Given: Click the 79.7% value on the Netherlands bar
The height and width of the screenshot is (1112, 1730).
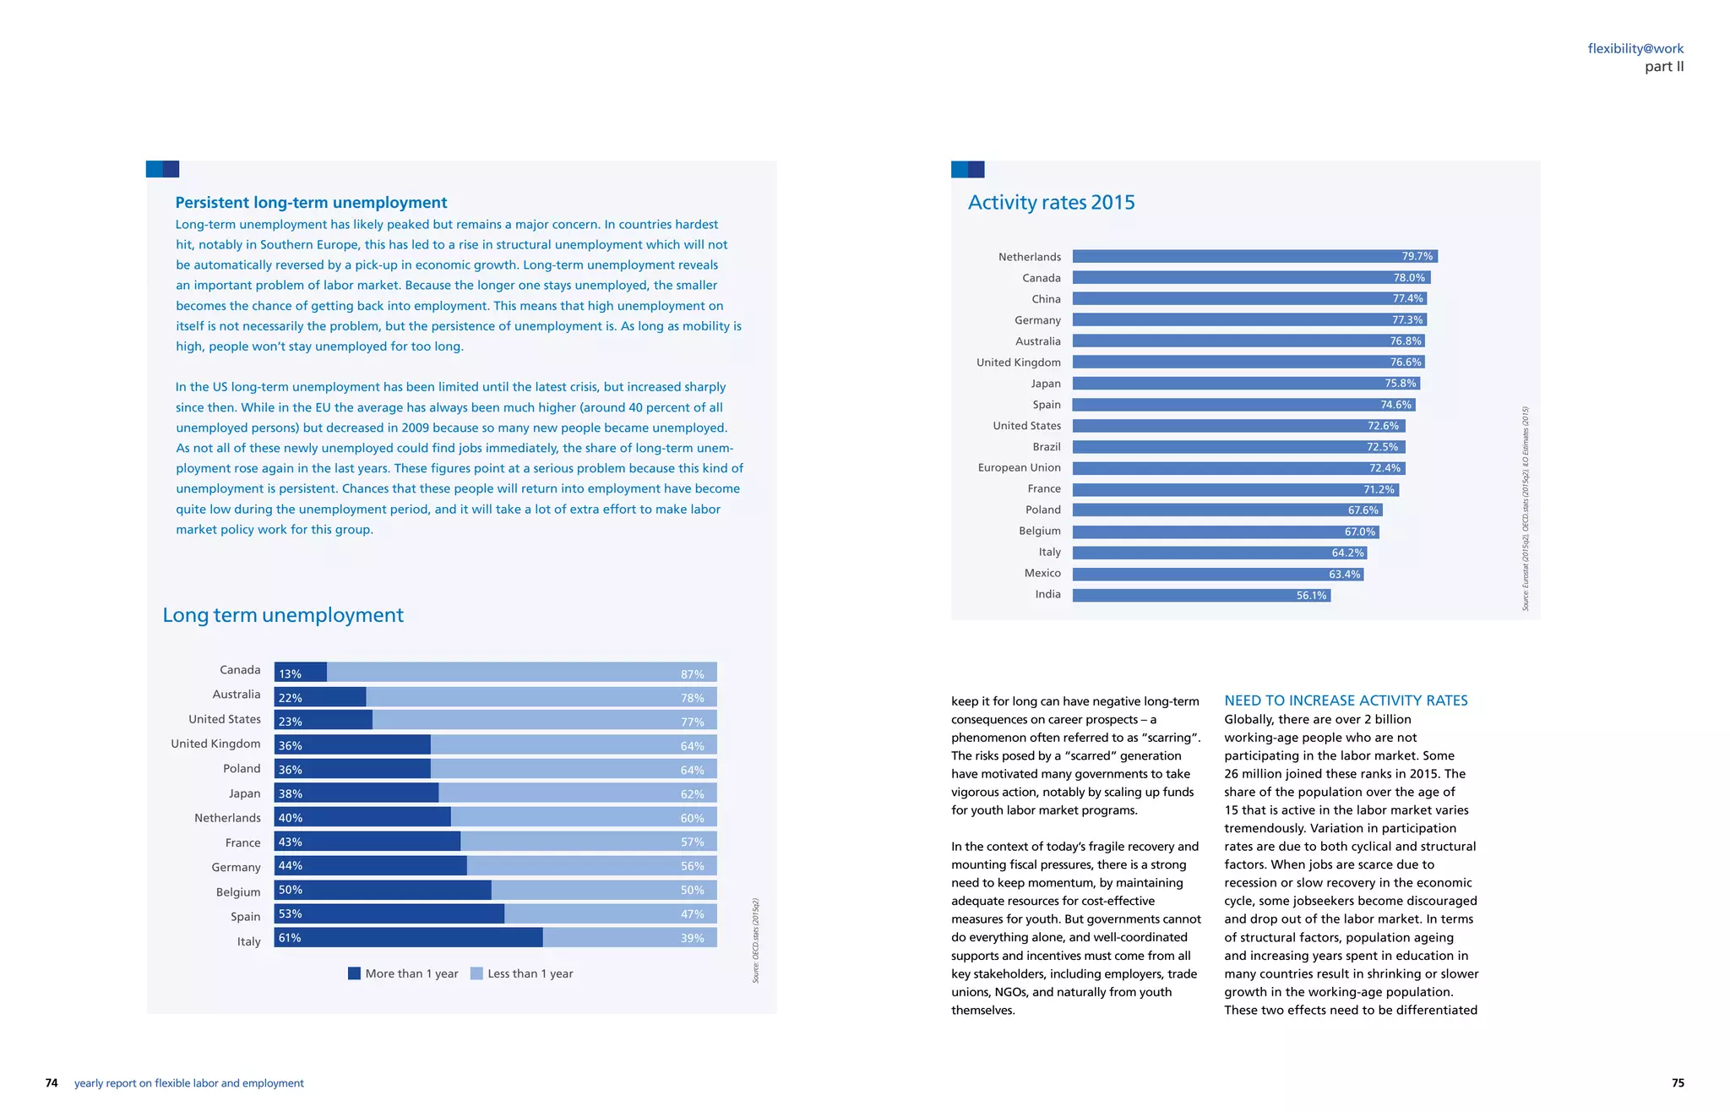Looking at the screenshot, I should click(x=1417, y=256).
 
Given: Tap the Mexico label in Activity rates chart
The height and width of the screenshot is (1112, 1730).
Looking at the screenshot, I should click(x=1042, y=574).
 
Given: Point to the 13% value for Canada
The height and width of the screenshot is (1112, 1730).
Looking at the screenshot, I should click(x=290, y=674).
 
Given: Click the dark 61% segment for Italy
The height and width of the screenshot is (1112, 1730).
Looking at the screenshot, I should click(x=408, y=938).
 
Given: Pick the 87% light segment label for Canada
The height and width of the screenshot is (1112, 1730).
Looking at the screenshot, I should click(x=692, y=674).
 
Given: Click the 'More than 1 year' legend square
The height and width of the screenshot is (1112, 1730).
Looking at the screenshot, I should click(x=355, y=973).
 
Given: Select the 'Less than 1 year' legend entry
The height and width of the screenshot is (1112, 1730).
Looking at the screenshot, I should click(x=521, y=973).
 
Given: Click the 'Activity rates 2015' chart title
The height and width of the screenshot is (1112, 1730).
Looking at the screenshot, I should click(x=1051, y=203).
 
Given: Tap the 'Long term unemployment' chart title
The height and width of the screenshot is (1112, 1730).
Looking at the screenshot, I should click(x=283, y=615).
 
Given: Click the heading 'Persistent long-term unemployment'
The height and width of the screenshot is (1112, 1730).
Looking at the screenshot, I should click(x=311, y=203).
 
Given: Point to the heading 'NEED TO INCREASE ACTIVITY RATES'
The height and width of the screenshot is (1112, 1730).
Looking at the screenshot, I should click(x=1346, y=700).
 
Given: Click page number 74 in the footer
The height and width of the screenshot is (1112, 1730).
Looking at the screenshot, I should click(x=52, y=1083).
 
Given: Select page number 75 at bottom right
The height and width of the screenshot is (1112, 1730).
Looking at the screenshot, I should click(x=1678, y=1083).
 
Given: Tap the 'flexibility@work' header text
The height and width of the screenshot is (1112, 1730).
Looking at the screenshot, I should click(x=1635, y=49).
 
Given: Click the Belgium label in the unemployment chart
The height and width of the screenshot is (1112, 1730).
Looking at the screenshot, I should click(x=238, y=892).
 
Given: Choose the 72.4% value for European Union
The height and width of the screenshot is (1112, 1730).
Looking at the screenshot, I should click(x=1385, y=468).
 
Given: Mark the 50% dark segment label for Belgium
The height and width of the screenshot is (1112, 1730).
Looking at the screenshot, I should click(x=290, y=890).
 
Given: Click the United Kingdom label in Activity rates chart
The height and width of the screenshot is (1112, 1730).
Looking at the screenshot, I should click(x=1018, y=362).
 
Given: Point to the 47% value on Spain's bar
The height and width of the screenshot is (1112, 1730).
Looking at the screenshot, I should click(x=692, y=914).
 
